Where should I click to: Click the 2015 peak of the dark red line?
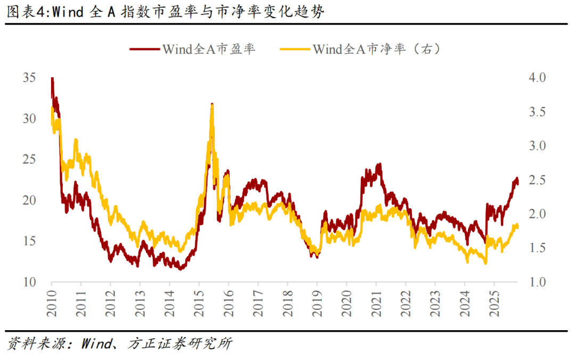pos(212,104)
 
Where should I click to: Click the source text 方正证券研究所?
pos(180,343)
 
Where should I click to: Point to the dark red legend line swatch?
pos(144,49)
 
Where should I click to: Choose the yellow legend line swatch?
pos(294,49)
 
